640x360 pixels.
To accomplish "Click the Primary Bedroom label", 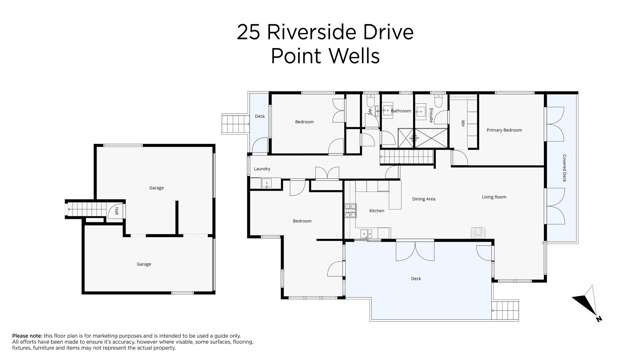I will (504, 131).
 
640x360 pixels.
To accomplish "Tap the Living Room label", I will (493, 197).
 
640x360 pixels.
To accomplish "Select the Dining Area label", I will (423, 199).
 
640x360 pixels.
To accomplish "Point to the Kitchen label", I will (377, 211).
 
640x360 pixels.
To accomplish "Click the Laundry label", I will (263, 170).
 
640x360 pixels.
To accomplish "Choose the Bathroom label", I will (401, 111).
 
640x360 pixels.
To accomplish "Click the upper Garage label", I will (156, 188).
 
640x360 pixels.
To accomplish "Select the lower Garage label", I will (144, 264).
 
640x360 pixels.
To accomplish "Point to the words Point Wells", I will (325, 56).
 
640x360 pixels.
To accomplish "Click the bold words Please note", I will (26, 336).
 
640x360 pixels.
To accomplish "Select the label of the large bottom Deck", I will (416, 279).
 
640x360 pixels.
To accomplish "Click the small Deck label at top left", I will (259, 116).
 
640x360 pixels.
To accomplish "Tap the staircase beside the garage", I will (81, 209).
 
